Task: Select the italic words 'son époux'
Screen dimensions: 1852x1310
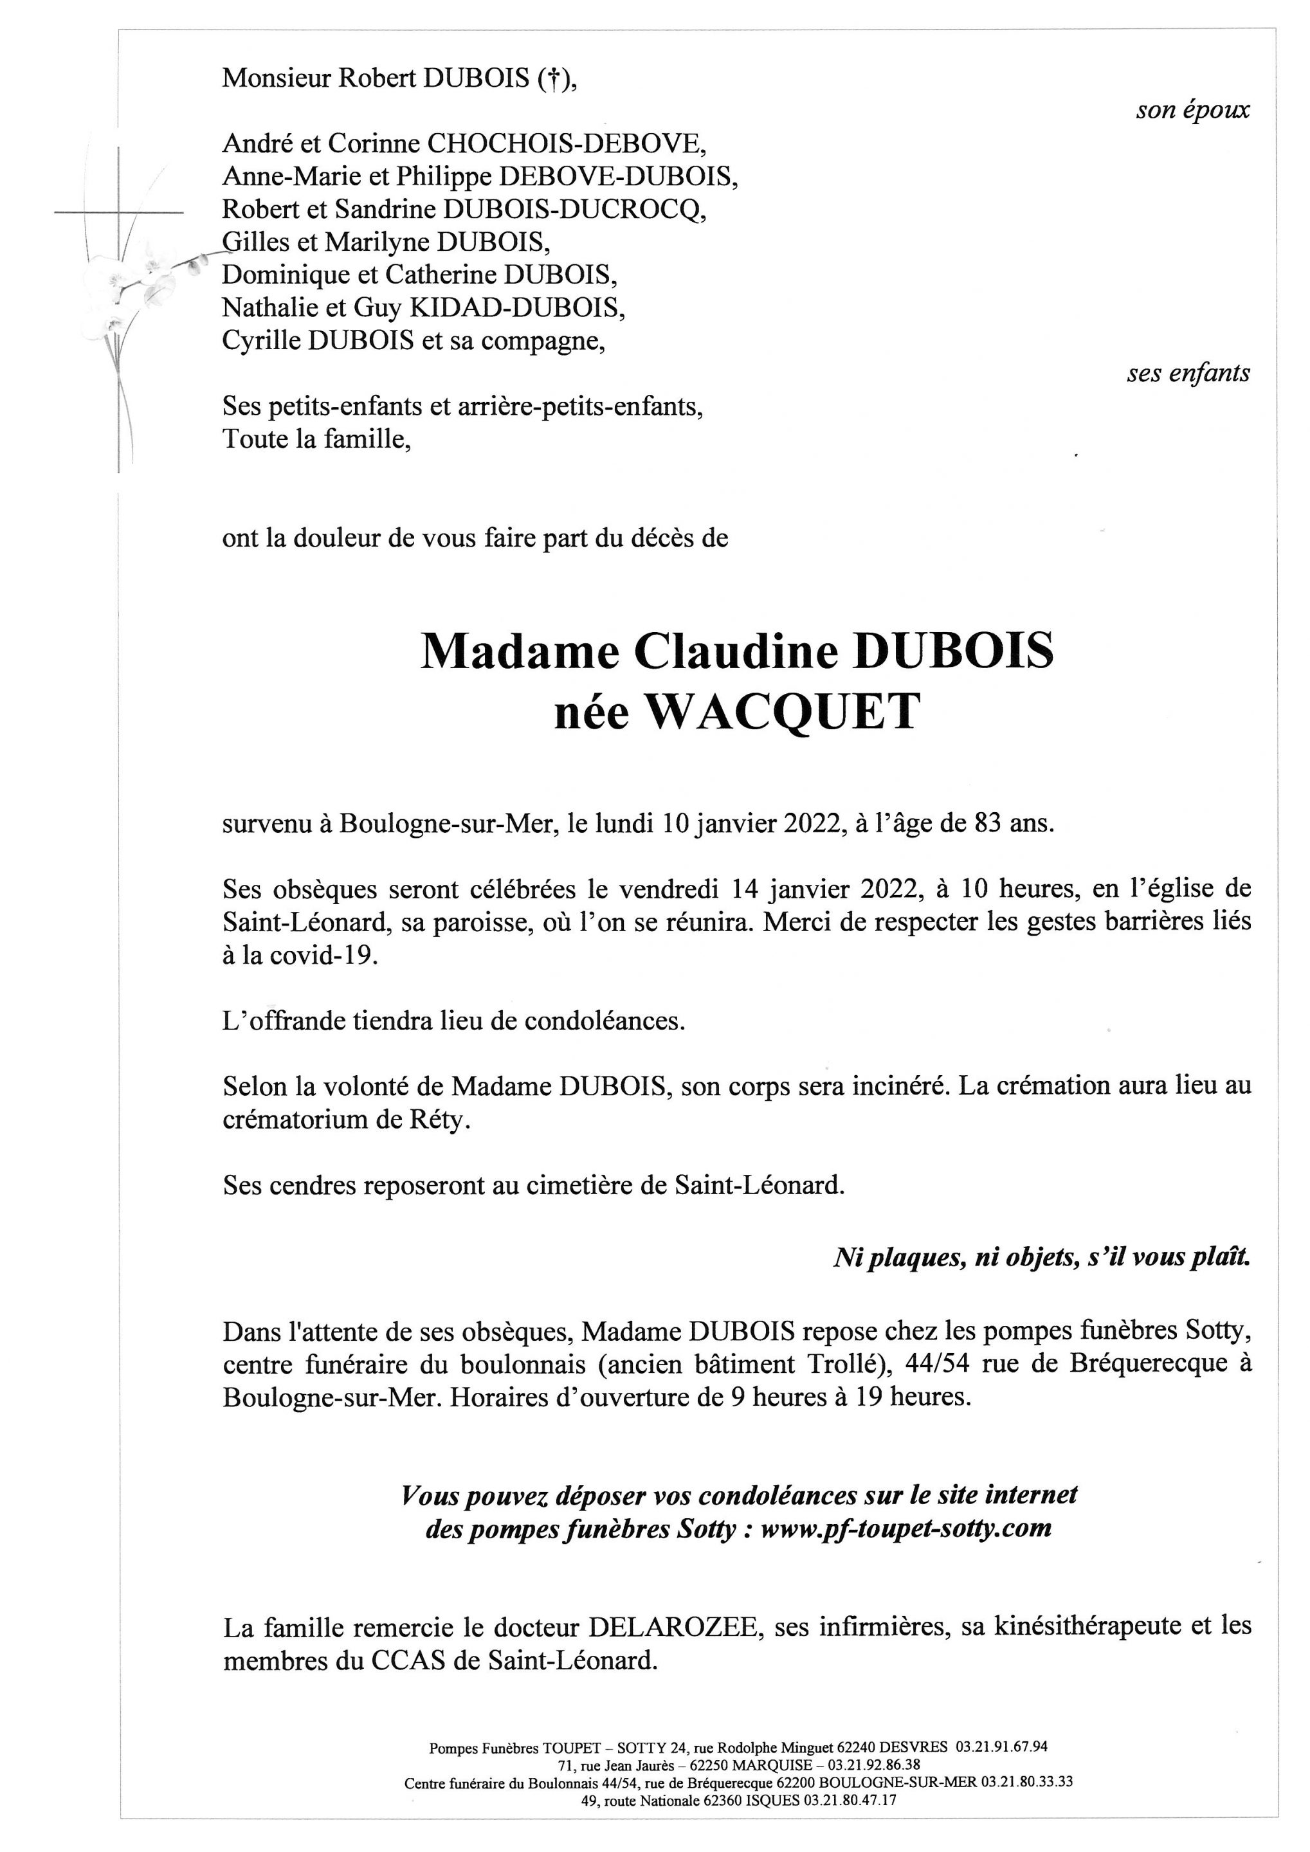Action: (1192, 111)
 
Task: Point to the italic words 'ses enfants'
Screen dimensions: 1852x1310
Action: (1188, 374)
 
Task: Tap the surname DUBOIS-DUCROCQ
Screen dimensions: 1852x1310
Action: (574, 210)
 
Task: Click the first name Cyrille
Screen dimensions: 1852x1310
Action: (262, 342)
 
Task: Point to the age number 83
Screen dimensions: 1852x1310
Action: (975, 824)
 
